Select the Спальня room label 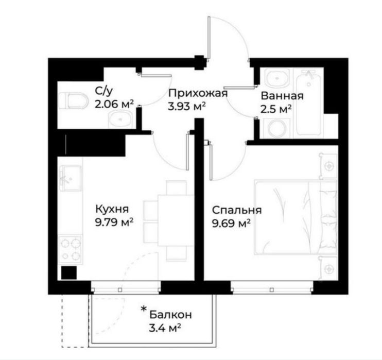click(x=237, y=210)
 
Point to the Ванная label click(x=282, y=96)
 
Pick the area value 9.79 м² click(x=114, y=222)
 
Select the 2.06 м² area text click(x=114, y=104)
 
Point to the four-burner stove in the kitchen click(x=70, y=249)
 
